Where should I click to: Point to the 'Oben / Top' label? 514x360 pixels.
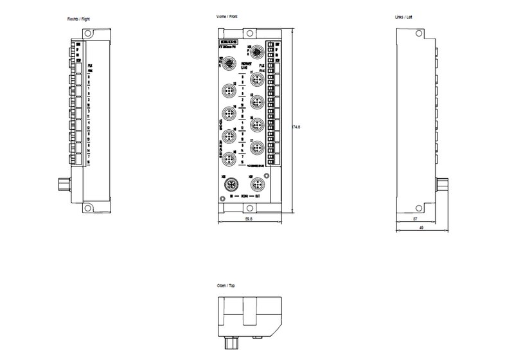click(227, 285)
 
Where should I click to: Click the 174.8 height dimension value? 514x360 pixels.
click(297, 127)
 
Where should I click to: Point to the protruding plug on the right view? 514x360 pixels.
click(62, 186)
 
